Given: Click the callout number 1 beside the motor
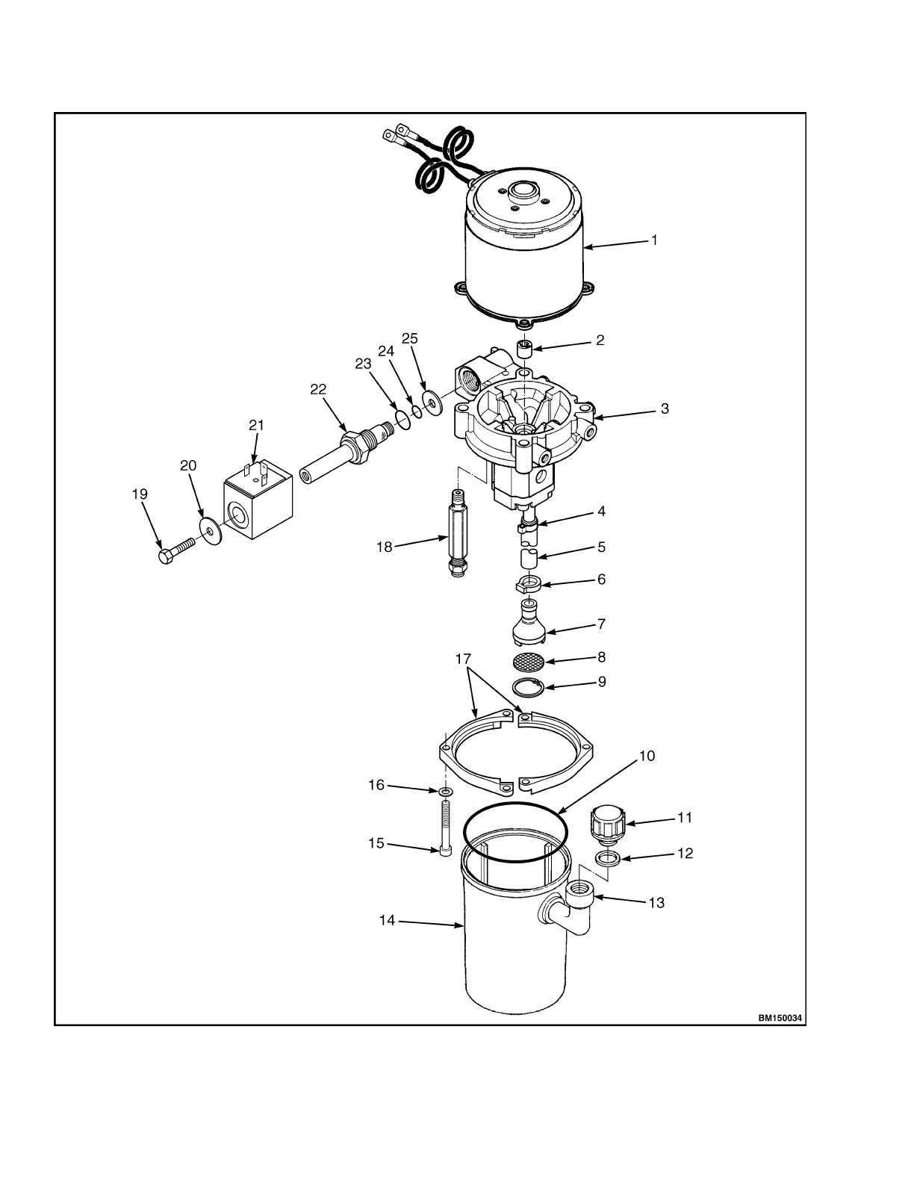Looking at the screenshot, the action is pos(654,240).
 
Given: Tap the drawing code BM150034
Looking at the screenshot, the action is pos(780,1018).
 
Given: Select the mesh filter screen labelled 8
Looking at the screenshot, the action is pos(529,661).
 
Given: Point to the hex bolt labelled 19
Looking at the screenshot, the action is pos(174,553).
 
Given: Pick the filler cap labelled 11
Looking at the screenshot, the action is pos(606,822).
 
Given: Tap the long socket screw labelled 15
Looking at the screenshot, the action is pos(447,829).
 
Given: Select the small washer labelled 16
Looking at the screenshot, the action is pos(446,792).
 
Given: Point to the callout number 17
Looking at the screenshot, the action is pos(464,659).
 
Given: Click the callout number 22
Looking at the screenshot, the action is pos(318,389).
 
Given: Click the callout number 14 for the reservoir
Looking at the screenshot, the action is pos(387,921).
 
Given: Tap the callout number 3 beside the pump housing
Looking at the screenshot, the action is pos(665,409).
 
